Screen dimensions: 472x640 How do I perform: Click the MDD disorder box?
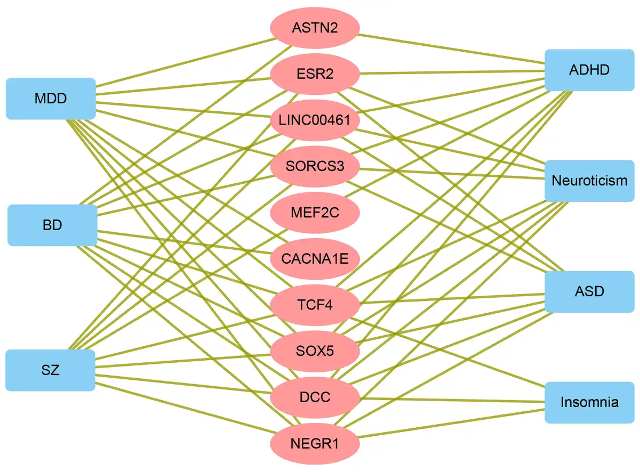(51, 99)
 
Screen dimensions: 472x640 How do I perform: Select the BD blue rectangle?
(52, 225)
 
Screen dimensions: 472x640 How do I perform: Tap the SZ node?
(51, 370)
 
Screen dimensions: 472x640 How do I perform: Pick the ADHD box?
(589, 70)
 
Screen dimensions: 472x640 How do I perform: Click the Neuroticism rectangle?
(589, 181)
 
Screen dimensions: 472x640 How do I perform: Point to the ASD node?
(589, 291)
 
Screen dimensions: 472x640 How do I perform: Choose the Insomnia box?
(589, 402)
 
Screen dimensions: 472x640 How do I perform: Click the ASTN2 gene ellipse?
(315, 28)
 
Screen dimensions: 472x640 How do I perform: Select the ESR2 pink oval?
(315, 74)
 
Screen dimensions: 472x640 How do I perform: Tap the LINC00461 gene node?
(315, 120)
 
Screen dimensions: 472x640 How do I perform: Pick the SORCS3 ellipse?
(315, 167)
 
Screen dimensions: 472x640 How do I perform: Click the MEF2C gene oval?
(315, 213)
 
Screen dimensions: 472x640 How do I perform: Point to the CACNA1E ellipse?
(315, 259)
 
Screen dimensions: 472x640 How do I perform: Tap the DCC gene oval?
(315, 397)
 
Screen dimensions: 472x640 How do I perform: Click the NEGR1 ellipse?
(315, 443)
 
